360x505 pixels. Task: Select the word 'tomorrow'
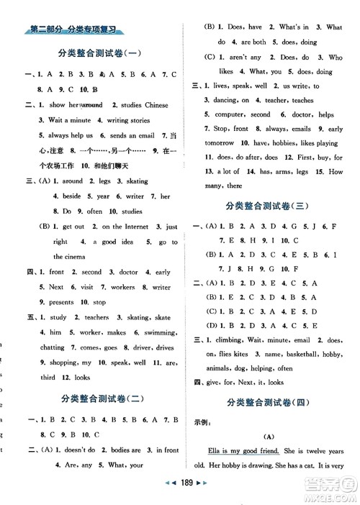tap(212, 143)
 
